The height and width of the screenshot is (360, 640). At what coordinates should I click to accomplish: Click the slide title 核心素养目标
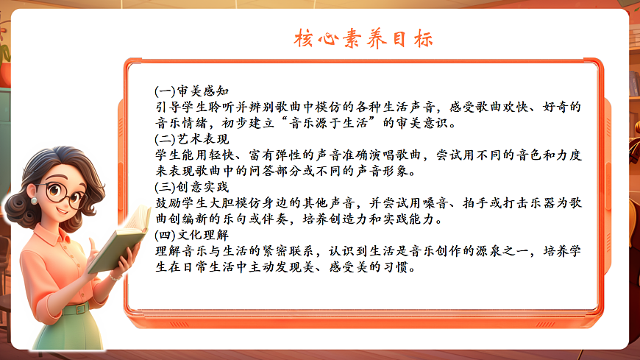[x=365, y=39]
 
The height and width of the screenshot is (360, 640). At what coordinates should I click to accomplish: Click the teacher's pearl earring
[x=34, y=200]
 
